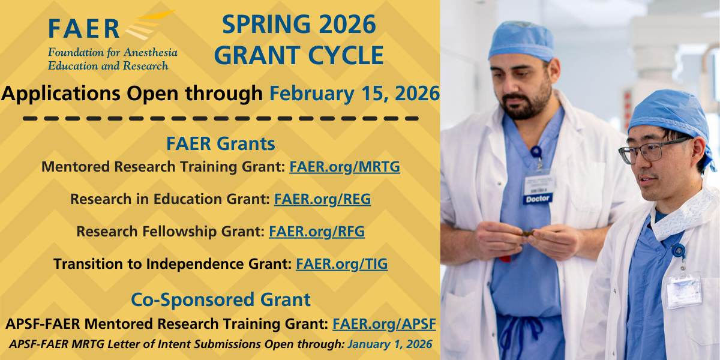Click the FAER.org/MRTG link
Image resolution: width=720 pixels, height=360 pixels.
point(344,167)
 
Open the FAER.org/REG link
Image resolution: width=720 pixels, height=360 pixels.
point(322,199)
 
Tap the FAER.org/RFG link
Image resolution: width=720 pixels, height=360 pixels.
point(317,232)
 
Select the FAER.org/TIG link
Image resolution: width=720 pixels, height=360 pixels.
point(341,264)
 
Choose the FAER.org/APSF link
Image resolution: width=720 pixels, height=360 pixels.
point(384,323)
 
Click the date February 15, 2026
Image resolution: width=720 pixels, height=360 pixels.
point(354,94)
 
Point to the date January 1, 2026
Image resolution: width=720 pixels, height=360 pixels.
point(390,344)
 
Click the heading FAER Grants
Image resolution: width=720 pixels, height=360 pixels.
point(221,143)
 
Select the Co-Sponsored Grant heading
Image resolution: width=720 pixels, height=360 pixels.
point(221,299)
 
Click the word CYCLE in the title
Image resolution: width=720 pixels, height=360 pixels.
point(346,55)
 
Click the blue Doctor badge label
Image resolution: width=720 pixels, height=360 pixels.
point(538,199)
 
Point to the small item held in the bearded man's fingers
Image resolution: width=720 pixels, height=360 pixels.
point(528,233)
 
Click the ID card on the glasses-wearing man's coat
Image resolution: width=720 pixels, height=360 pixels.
point(684,290)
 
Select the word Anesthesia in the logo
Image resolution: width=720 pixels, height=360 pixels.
point(151,52)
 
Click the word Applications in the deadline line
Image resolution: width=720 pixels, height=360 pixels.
point(61,94)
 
